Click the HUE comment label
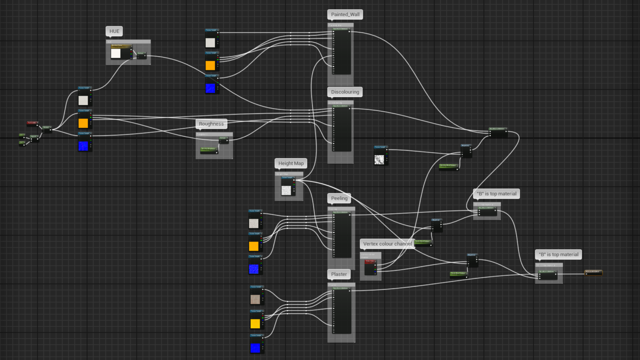pos(114,31)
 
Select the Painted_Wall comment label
pos(345,14)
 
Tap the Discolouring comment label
pos(345,92)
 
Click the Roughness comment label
pos(211,124)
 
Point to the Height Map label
pos(291,163)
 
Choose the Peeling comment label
pos(339,198)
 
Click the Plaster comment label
pos(339,274)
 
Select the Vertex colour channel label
pos(387,244)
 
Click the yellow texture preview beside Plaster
pos(255,324)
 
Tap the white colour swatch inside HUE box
pos(116,53)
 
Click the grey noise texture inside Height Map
pos(286,190)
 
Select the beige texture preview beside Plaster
pos(255,300)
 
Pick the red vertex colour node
pos(370,267)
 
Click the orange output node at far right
pos(593,273)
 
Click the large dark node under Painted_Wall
pos(342,51)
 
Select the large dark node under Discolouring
pos(342,128)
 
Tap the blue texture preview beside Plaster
pos(255,348)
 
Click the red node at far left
pos(32,123)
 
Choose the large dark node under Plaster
pos(342,310)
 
